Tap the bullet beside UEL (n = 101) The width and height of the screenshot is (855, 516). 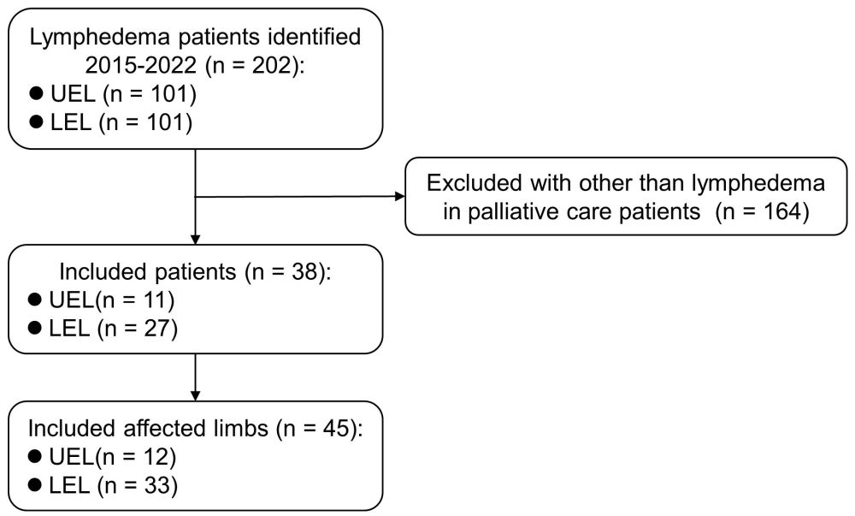coord(35,94)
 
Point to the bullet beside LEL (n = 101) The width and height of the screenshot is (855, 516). coord(35,122)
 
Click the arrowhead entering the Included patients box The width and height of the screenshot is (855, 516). coord(197,239)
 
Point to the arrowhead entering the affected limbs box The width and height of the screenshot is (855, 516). coord(197,394)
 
